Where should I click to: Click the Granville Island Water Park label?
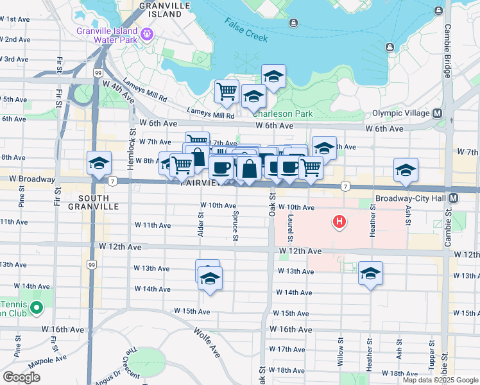[x=107, y=35]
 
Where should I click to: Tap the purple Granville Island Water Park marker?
[x=147, y=33]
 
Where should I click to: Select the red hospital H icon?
[x=339, y=223]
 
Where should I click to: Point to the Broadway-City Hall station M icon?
[x=454, y=198]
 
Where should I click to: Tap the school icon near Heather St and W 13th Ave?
[x=370, y=273]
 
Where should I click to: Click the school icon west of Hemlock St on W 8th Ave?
[x=99, y=163]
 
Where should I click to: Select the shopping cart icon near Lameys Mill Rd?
[x=226, y=92]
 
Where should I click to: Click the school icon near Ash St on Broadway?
[x=406, y=170]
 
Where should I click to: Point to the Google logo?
[x=22, y=377]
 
